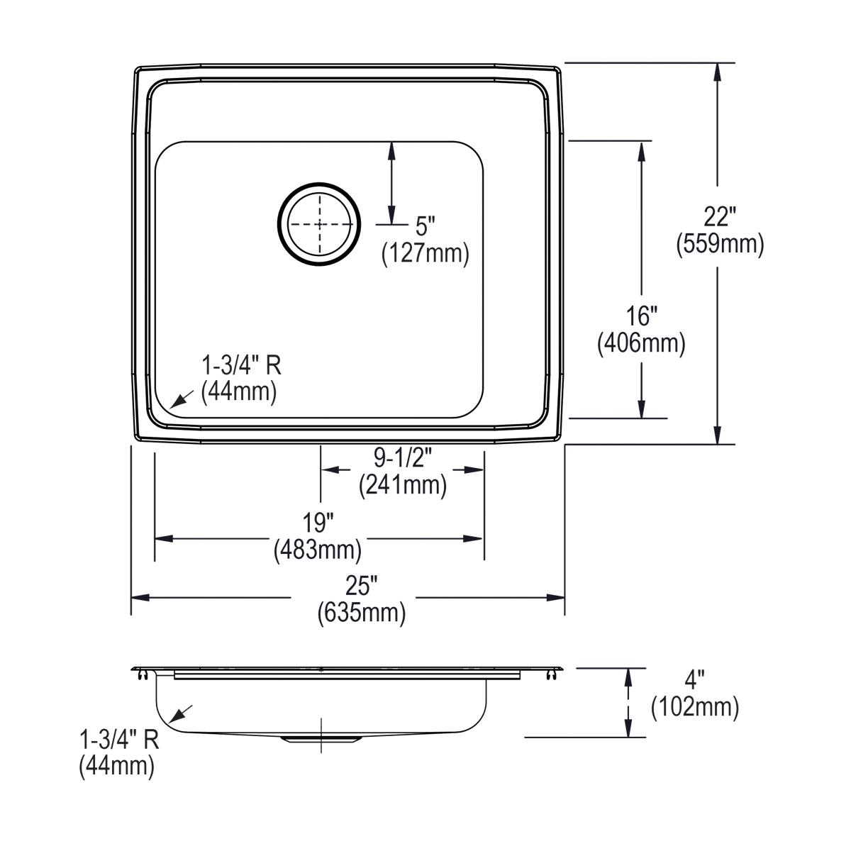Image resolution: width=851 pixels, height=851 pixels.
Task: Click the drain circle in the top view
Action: point(319,224)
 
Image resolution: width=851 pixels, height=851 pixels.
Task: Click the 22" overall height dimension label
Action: point(719,215)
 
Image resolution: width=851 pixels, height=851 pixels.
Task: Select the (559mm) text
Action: point(719,244)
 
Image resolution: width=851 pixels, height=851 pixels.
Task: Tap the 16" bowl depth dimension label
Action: point(641,314)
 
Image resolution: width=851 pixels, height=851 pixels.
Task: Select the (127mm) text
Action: point(425,253)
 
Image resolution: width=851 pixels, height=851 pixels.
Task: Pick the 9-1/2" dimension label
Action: point(402,458)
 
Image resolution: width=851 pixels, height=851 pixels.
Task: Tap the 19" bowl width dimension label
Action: point(318,523)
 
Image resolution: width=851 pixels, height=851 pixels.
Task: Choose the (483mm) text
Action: point(318,550)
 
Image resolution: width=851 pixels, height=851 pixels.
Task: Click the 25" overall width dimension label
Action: point(361,586)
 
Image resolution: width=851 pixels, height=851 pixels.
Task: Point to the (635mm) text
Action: point(361,613)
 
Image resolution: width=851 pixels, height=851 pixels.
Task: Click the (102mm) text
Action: point(694,707)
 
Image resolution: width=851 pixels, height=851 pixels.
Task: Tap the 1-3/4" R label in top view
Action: point(241,366)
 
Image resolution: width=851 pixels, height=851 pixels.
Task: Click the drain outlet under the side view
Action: point(321,740)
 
